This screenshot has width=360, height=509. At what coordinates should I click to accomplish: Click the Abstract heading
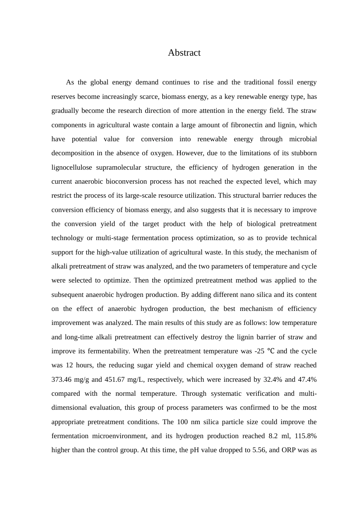pyautogui.click(x=184, y=53)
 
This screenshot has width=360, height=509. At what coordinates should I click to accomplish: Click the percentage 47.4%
pyautogui.click(x=308, y=379)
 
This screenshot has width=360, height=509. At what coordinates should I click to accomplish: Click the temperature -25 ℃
pyautogui.click(x=264, y=351)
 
